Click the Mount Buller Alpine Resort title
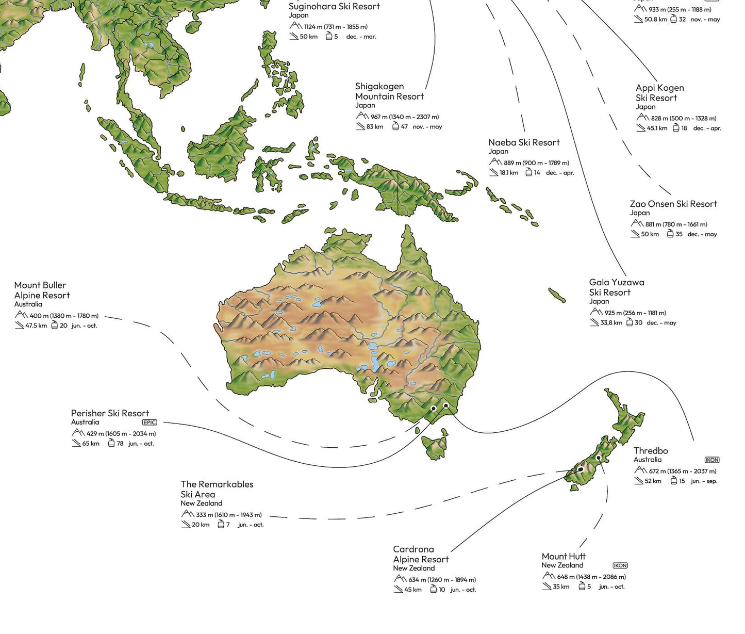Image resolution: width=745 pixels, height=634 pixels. tap(42, 290)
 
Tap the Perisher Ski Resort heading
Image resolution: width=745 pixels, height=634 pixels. tap(110, 413)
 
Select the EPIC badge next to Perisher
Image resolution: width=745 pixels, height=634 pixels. tap(150, 422)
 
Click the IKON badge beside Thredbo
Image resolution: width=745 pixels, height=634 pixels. tap(711, 460)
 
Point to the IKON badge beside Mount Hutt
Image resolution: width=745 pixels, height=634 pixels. tap(620, 565)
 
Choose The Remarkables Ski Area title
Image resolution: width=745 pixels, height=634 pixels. tap(217, 489)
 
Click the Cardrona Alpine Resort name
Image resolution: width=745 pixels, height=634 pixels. tap(420, 554)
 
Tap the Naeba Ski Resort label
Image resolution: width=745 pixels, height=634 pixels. tap(524, 142)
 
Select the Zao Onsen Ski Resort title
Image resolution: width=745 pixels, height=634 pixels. tap(673, 204)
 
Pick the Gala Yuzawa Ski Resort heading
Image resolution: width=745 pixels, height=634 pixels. tap(616, 287)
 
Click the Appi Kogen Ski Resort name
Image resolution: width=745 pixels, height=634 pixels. tap(659, 93)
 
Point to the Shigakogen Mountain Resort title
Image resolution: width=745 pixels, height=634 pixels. tap(389, 91)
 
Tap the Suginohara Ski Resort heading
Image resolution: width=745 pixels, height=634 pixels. tap(334, 6)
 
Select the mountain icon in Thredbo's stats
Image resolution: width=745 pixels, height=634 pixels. tap(640, 470)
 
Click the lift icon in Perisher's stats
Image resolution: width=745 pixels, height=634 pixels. tap(111, 444)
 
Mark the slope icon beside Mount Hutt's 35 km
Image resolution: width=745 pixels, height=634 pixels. tap(547, 587)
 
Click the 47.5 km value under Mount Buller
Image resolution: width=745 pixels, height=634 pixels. tap(36, 326)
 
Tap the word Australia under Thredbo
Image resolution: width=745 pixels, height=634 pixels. tap(647, 460)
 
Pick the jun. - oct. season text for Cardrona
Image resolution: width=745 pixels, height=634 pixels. tap(463, 590)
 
